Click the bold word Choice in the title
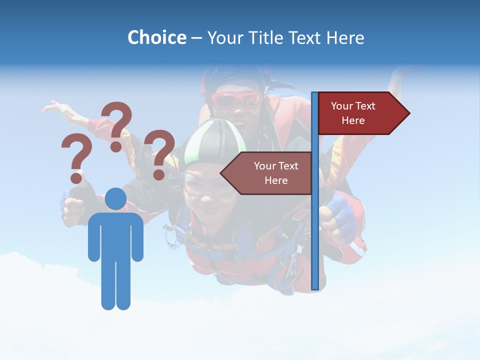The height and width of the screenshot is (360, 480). (x=156, y=38)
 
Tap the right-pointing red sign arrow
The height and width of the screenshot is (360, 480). (x=363, y=113)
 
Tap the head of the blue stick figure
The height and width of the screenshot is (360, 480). (x=115, y=199)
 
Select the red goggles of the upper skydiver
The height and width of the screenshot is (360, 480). (x=237, y=100)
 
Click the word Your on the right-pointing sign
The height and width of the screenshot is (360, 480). (x=342, y=106)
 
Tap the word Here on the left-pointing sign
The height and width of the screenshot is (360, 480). (x=276, y=180)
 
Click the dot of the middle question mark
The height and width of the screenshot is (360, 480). (x=116, y=146)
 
